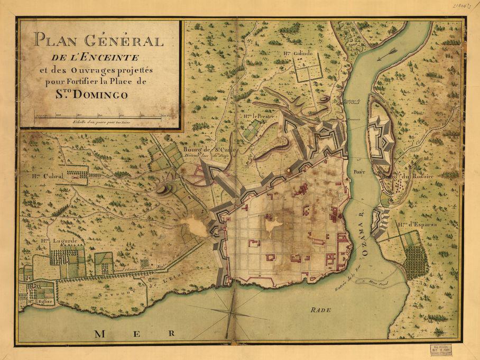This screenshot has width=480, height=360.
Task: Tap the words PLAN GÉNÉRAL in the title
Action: tap(99, 41)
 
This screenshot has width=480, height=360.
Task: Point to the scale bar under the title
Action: tap(98, 115)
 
